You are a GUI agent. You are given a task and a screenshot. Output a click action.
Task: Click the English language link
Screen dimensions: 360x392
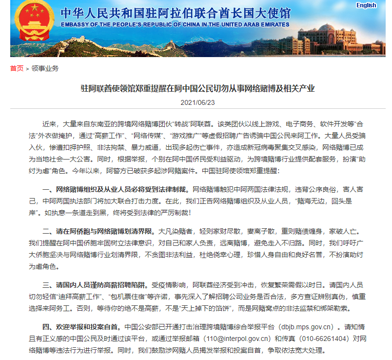pos(366,5)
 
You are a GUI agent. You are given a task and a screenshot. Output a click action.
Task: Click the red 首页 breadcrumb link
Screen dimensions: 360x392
pos(17,68)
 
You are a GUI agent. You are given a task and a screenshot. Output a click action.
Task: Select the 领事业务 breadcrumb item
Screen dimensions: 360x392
pos(45,68)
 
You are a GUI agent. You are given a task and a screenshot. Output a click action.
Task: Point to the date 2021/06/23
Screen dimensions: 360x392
pos(197,103)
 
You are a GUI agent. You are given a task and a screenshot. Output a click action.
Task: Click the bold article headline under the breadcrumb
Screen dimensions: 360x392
pos(197,88)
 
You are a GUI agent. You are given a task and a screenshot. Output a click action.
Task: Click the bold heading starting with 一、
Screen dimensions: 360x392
pos(116,189)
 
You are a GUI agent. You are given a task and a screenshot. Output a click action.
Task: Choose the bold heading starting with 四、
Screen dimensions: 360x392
pos(82,326)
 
